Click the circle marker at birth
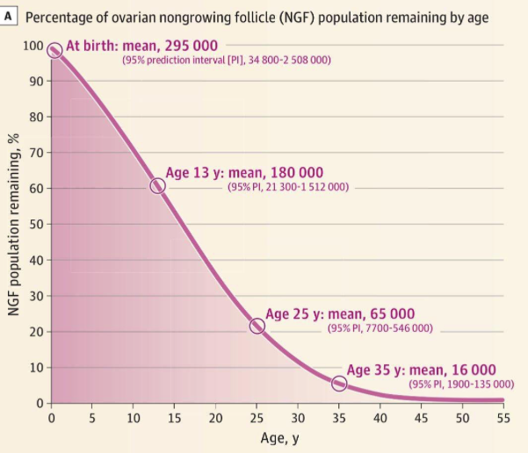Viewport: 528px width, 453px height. [54, 51]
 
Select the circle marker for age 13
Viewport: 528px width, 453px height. [157, 185]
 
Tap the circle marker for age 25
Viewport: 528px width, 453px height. [257, 326]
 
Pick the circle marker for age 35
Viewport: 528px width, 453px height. [339, 383]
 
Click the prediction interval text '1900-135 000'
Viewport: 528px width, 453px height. [477, 384]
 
